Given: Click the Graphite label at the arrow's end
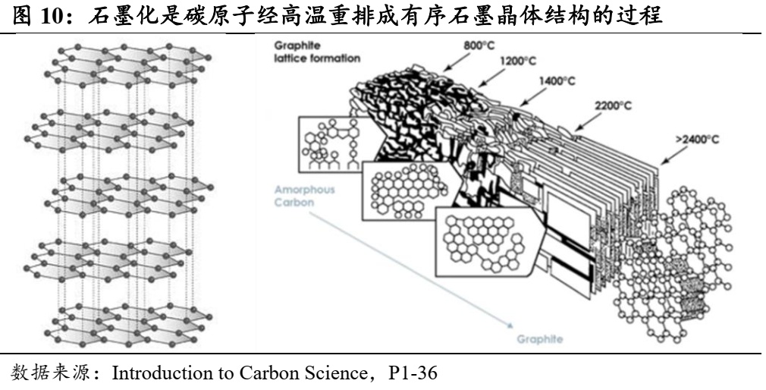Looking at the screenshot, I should point(540,339).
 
